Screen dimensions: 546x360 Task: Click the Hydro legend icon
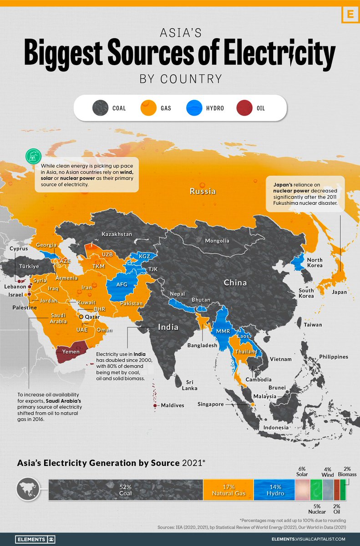195,108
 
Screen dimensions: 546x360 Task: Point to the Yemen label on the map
71,352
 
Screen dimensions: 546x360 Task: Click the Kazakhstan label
117,234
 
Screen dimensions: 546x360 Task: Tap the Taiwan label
313,325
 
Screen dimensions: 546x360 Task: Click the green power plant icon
33,156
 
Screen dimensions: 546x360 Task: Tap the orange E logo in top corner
350,14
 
